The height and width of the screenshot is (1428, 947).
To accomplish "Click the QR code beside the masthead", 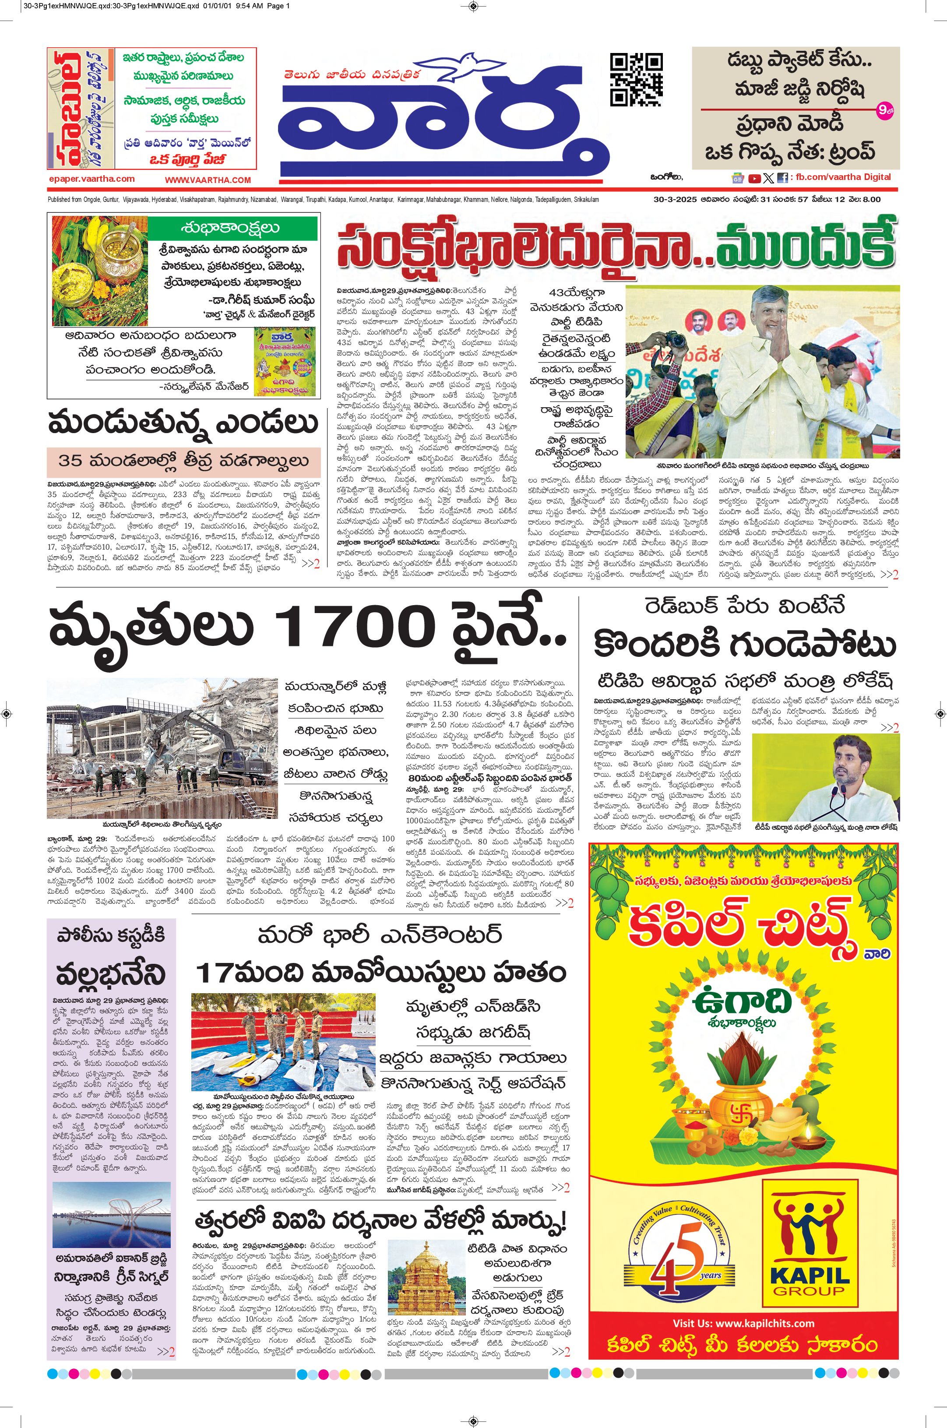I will (636, 79).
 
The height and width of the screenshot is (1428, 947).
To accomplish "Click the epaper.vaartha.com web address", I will (92, 179).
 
